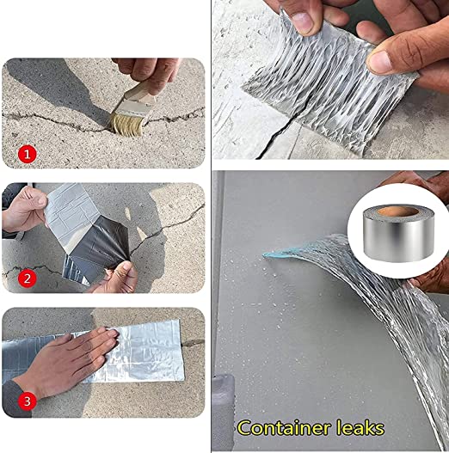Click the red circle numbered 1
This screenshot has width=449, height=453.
[x=28, y=155]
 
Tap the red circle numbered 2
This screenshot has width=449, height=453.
[x=28, y=278]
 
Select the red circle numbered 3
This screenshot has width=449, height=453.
[x=28, y=401]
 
